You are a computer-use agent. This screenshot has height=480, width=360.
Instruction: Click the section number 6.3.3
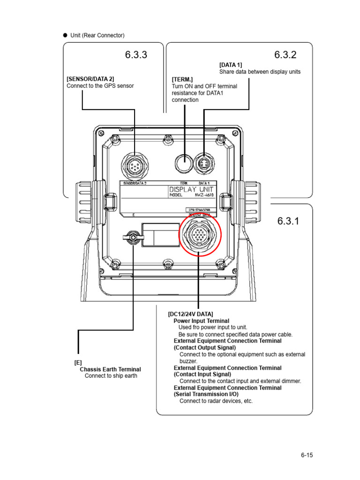pos(136,55)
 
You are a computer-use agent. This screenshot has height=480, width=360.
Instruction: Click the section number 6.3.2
pos(285,55)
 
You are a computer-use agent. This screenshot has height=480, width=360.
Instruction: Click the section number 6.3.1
pos(288,221)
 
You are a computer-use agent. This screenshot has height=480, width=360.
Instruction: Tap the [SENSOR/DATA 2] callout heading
pos(90,79)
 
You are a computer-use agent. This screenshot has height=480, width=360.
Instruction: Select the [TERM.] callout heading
pos(182,80)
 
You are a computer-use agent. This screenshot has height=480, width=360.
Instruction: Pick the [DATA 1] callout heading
pos(231,65)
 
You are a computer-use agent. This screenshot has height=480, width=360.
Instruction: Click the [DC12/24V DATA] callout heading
pos(190,314)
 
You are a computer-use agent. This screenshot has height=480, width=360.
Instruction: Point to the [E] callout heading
pos(78,362)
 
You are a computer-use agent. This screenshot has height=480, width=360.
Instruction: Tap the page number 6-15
pos(307,455)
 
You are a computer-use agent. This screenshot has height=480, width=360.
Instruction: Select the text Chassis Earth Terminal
pos(110,369)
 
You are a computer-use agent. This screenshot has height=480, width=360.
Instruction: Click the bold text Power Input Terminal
pos(202,321)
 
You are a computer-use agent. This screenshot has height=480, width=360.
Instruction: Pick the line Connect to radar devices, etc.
pos(216,401)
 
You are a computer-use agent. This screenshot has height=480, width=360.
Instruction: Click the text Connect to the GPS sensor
pos(100,86)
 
